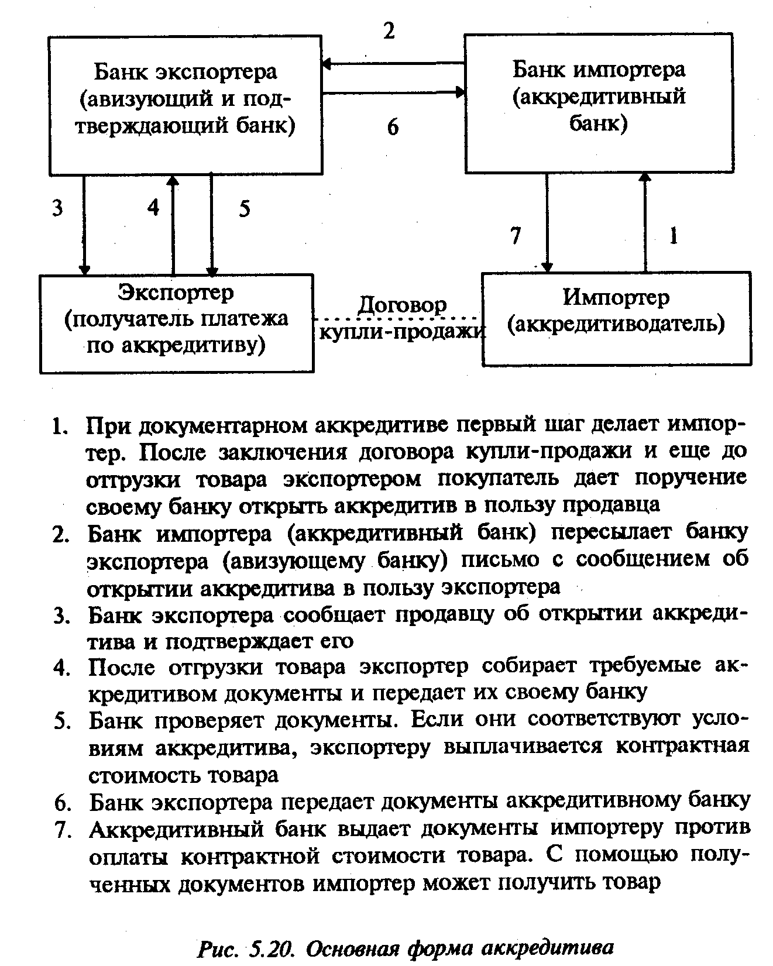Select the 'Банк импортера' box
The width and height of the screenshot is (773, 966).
click(x=598, y=103)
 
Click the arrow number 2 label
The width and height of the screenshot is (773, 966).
click(x=389, y=30)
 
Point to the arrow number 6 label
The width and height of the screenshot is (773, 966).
click(x=393, y=126)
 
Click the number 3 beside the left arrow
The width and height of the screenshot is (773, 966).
click(x=57, y=208)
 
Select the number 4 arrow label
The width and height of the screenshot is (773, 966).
click(x=153, y=207)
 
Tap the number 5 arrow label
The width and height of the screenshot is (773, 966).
click(x=244, y=208)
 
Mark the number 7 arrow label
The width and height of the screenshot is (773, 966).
click(x=515, y=235)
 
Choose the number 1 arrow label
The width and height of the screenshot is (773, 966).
click(x=674, y=236)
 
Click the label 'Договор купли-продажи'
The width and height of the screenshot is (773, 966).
click(x=402, y=319)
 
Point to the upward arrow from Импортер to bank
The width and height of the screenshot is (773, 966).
click(x=645, y=222)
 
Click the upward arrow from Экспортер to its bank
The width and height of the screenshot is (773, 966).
click(x=173, y=225)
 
